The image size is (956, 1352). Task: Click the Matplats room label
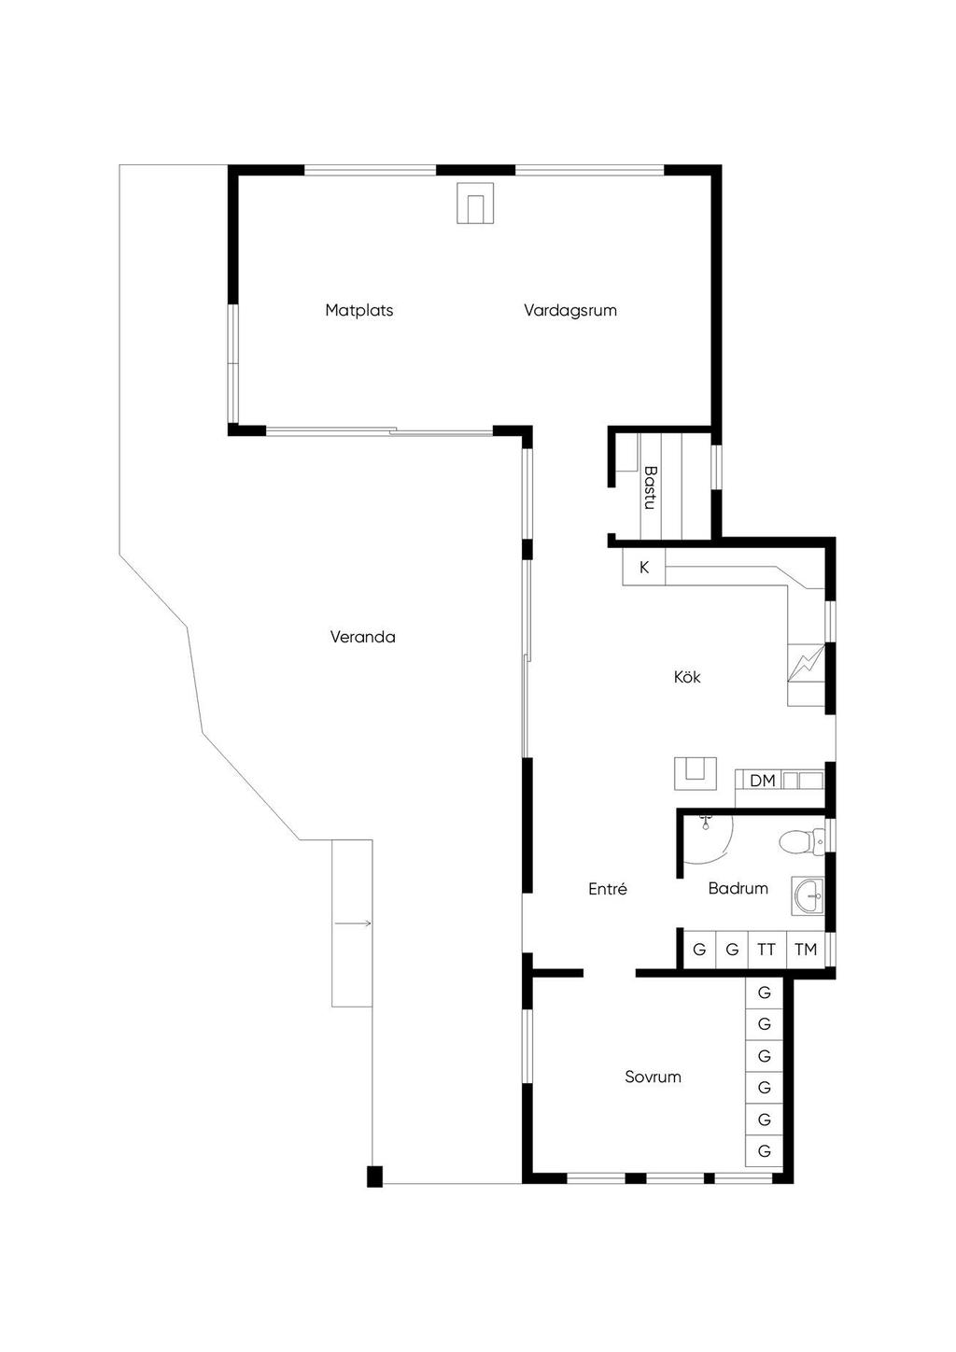click(x=359, y=311)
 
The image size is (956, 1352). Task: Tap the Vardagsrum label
click(x=570, y=311)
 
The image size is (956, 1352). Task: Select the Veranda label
click(x=363, y=637)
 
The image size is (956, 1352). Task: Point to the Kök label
click(x=687, y=677)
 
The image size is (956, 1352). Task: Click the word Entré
click(x=608, y=889)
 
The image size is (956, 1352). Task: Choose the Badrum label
click(x=738, y=889)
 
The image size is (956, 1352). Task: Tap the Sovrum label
click(x=653, y=1077)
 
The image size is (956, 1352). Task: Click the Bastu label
click(x=650, y=487)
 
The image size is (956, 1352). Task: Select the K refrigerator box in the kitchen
click(x=644, y=567)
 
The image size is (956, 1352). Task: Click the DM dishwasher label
click(x=762, y=781)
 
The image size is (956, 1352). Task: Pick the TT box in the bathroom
click(x=767, y=950)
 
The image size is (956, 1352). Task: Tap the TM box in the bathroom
click(x=806, y=950)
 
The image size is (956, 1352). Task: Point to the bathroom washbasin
click(x=808, y=897)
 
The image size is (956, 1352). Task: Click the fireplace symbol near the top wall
click(x=475, y=204)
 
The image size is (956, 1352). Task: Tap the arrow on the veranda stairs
click(x=353, y=923)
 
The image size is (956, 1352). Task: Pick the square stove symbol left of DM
click(x=696, y=774)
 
